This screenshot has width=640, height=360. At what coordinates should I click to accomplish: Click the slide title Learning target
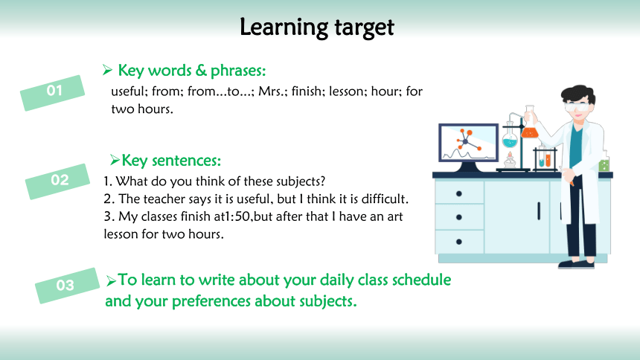click(317, 28)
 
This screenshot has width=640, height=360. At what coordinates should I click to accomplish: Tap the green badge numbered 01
click(53, 93)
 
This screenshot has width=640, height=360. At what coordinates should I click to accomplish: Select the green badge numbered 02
click(57, 181)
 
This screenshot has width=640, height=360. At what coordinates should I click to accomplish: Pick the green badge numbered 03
click(67, 286)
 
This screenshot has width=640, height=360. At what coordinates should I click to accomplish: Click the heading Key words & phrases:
click(192, 71)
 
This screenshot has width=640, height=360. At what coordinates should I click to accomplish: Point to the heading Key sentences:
click(171, 161)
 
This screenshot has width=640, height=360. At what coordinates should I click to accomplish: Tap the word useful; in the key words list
click(129, 91)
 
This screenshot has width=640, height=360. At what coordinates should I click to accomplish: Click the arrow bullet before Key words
click(107, 70)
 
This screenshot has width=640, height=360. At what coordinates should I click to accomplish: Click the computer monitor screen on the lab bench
click(469, 142)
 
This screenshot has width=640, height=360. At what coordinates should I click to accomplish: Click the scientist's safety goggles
click(577, 107)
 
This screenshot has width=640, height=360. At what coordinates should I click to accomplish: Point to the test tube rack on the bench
click(545, 160)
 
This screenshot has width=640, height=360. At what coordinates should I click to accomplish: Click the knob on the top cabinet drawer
click(458, 193)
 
